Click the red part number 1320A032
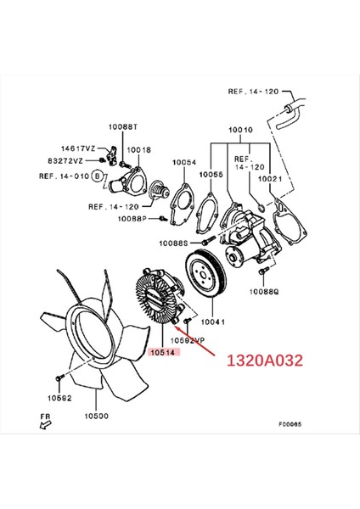(263, 360)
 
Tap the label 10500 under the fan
(97, 417)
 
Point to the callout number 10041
(212, 322)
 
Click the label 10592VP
(188, 340)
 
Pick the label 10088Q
(264, 291)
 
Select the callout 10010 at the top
(240, 131)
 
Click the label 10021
(270, 178)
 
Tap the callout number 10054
(184, 162)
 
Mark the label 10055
(212, 173)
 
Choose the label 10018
(140, 149)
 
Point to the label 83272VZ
(76, 159)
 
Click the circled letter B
(97, 176)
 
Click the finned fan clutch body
(159, 300)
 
